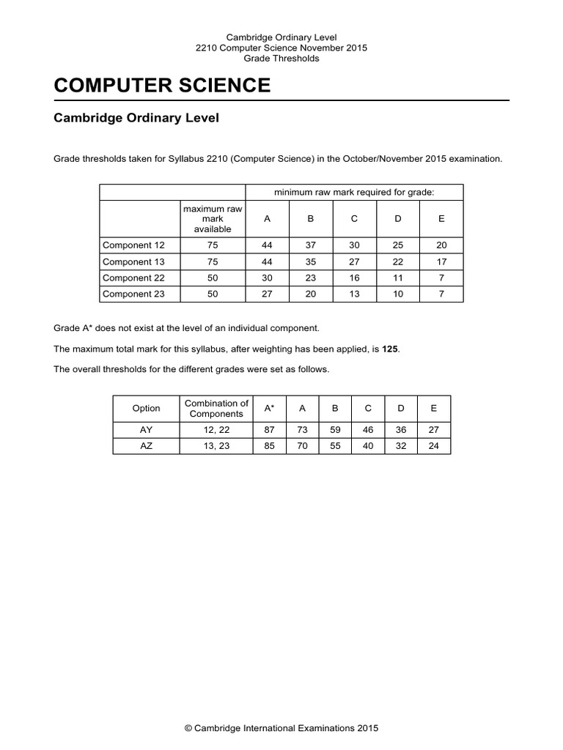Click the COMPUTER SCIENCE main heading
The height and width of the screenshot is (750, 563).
[x=162, y=86]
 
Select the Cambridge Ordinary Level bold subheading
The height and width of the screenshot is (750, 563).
[x=136, y=118]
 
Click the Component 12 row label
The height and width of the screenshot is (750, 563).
[x=133, y=245]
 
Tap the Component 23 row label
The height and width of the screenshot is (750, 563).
[x=133, y=294]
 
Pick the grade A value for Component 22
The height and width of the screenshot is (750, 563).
[x=267, y=278]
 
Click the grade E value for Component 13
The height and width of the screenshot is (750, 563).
[x=441, y=261]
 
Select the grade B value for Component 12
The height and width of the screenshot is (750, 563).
[x=310, y=245]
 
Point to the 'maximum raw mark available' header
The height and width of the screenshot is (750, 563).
[x=213, y=219]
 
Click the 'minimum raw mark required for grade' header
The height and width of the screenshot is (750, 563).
[x=354, y=192]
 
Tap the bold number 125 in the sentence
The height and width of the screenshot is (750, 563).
[x=391, y=349]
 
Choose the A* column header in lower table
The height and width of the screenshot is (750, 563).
[x=269, y=408]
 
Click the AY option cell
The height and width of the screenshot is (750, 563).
[x=147, y=430]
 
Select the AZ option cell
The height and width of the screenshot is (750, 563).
[x=147, y=446]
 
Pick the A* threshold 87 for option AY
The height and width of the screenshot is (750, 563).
[x=269, y=430]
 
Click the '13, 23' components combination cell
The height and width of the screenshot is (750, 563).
[x=216, y=446]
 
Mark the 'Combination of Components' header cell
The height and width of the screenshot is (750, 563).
[x=216, y=409]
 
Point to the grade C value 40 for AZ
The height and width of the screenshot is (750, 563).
[x=368, y=446]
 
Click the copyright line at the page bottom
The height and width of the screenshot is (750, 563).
[x=281, y=728]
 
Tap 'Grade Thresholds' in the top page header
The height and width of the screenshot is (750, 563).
[x=281, y=59]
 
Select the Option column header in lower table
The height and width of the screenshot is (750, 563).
[x=147, y=408]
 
